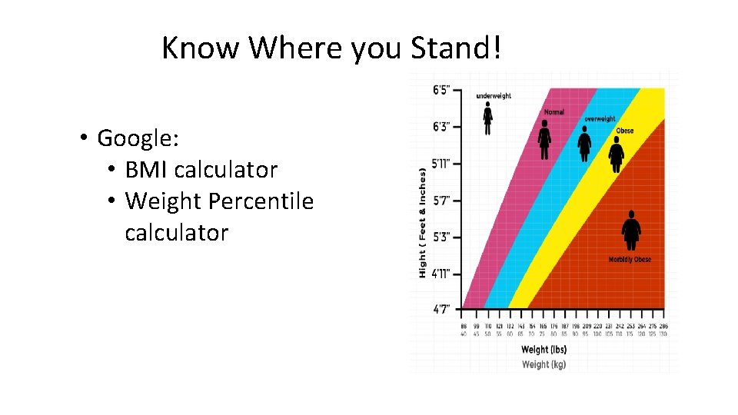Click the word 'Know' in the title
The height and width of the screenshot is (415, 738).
point(201,48)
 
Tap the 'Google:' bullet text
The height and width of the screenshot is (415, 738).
point(138,138)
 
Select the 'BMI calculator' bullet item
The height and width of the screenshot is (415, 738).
point(201,170)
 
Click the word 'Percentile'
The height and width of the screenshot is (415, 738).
point(262,201)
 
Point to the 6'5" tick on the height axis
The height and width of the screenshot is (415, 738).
point(443,90)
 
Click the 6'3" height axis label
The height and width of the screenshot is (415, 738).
point(443,126)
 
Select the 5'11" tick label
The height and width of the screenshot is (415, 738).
point(442,163)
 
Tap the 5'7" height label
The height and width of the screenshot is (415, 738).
point(443,200)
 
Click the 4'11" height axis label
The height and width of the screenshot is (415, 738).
point(442,273)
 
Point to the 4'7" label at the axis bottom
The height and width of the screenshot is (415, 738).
point(443,309)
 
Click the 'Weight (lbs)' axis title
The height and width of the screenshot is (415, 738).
point(544,350)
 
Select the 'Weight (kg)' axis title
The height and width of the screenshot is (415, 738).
point(544,364)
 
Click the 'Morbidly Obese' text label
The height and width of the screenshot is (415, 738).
point(630,260)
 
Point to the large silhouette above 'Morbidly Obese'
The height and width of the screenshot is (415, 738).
point(631,231)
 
